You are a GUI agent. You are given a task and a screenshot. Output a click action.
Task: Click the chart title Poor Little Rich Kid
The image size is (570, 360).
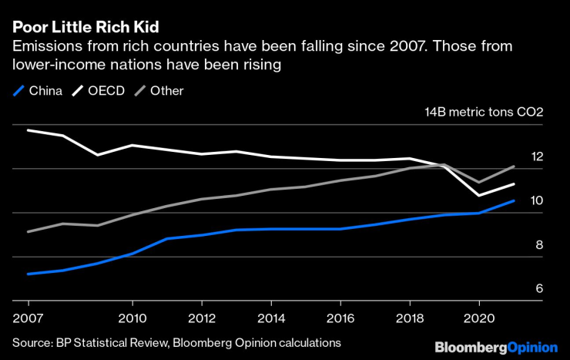tap(85, 27)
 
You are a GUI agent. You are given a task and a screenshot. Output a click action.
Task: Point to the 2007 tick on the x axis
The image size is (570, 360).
tap(28, 317)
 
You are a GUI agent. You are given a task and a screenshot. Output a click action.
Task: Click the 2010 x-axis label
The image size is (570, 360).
tap(132, 317)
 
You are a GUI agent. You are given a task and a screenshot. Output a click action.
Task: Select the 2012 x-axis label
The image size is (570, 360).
tap(202, 317)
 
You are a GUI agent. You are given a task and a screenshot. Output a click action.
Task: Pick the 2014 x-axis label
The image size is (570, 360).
tap(271, 317)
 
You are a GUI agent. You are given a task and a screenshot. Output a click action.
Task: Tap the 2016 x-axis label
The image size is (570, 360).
tap(340, 317)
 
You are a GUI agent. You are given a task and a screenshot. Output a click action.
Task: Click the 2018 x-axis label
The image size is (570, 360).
tap(410, 317)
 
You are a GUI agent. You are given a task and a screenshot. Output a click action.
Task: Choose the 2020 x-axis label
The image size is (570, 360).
tap(479, 317)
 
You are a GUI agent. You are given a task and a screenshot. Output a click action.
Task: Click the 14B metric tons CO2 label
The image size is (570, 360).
tap(484, 112)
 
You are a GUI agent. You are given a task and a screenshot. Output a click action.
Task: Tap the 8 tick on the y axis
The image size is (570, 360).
tap(539, 245)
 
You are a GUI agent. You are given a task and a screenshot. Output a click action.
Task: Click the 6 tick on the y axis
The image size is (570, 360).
tap(539, 289)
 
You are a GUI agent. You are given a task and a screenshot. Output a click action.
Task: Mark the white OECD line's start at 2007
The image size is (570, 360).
tap(28, 130)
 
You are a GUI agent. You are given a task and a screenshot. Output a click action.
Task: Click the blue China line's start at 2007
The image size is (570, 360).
tap(28, 274)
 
